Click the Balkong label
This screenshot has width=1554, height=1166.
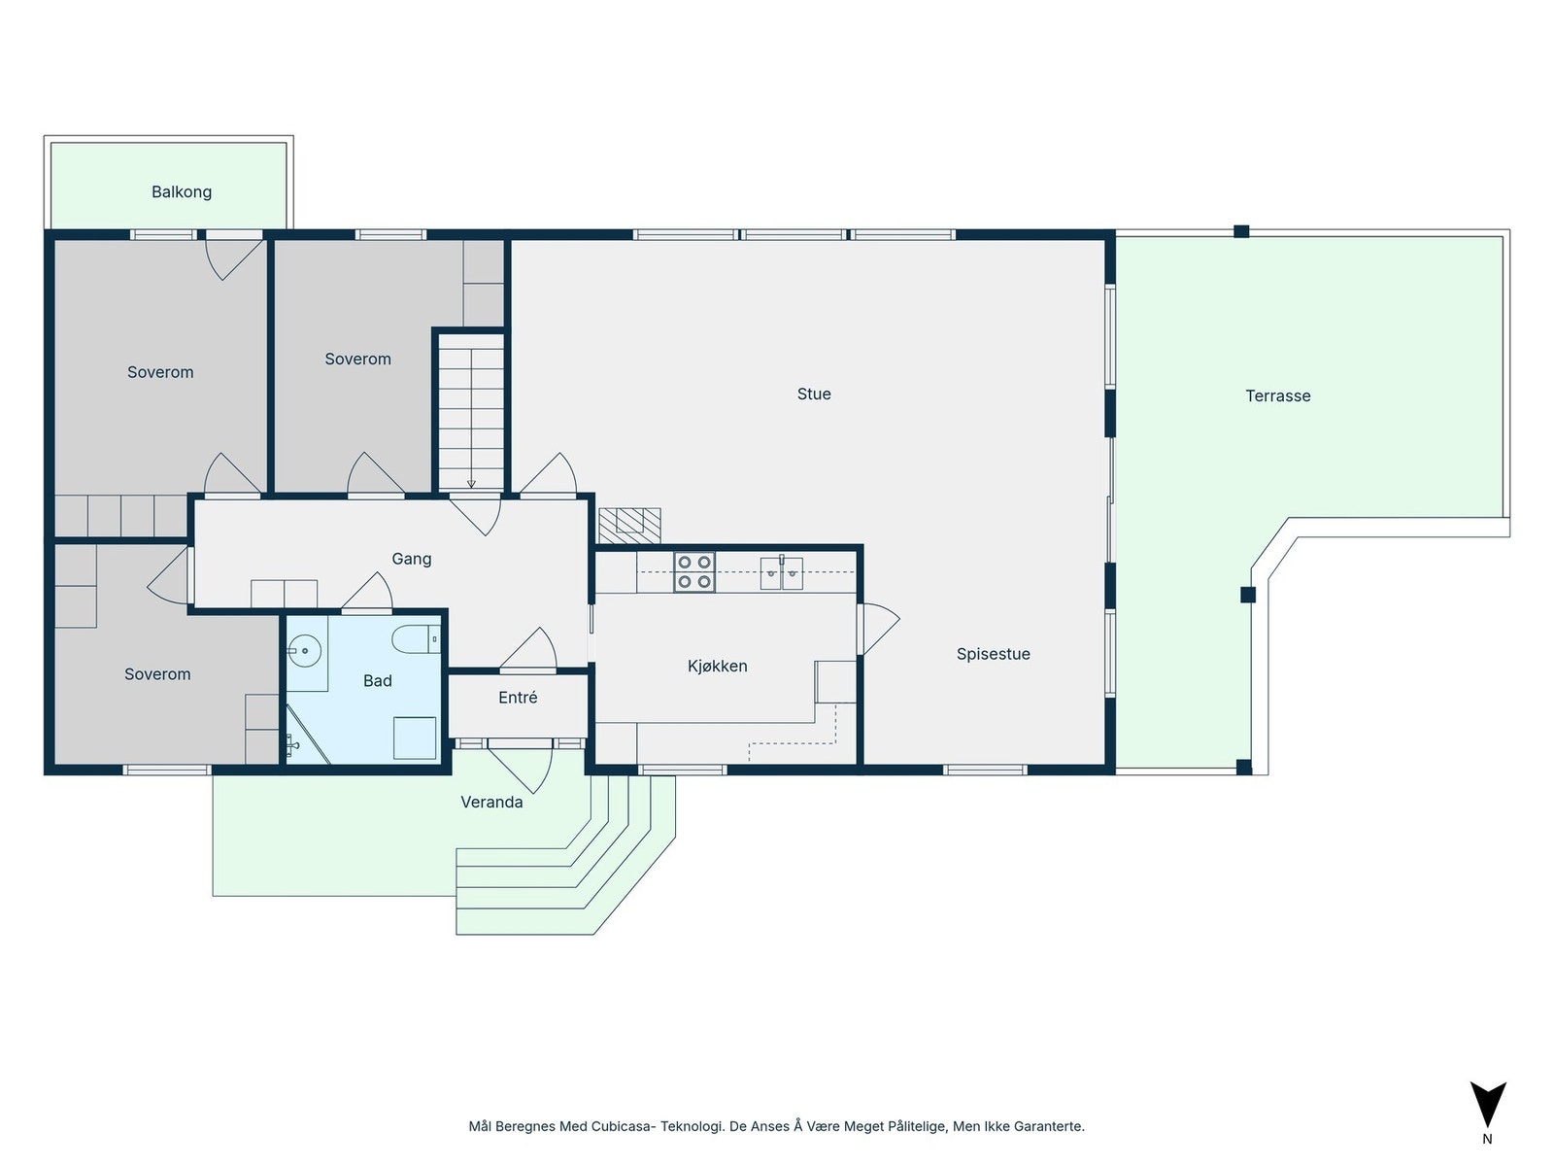pyautogui.click(x=182, y=191)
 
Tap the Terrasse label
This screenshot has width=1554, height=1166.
pyautogui.click(x=1277, y=395)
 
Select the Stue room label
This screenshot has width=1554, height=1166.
pyautogui.click(x=814, y=394)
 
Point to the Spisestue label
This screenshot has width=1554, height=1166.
pyautogui.click(x=993, y=654)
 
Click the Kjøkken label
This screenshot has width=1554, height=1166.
pyautogui.click(x=717, y=667)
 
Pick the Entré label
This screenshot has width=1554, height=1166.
pyautogui.click(x=518, y=698)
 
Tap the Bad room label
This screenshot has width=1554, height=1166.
pyautogui.click(x=378, y=680)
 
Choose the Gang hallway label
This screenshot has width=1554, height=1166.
pyautogui.click(x=412, y=560)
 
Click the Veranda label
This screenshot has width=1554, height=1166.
pyautogui.click(x=491, y=803)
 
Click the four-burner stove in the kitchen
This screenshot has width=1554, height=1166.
pyautogui.click(x=693, y=572)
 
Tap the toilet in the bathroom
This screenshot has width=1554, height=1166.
pyautogui.click(x=416, y=639)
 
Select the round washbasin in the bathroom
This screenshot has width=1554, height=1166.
pyautogui.click(x=304, y=651)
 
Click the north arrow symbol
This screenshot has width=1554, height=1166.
pyautogui.click(x=1487, y=1105)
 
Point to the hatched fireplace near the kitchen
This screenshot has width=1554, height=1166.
pyautogui.click(x=629, y=526)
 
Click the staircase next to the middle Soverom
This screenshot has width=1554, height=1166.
pyautogui.click(x=471, y=412)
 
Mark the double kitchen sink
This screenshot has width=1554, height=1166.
pyautogui.click(x=782, y=573)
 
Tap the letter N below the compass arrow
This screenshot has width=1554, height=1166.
pyautogui.click(x=1487, y=1139)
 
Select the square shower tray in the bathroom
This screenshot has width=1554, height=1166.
pyautogui.click(x=415, y=737)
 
